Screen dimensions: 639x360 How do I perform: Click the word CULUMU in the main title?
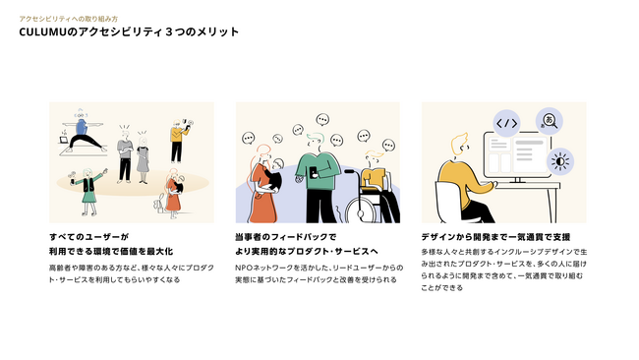pyautogui.click(x=42, y=31)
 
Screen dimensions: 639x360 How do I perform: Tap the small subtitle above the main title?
pyautogui.click(x=69, y=19)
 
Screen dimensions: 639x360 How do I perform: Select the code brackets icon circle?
pyautogui.click(x=506, y=123)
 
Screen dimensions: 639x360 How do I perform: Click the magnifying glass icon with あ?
pyautogui.click(x=550, y=121)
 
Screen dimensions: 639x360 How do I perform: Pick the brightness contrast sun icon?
pyautogui.click(x=560, y=161)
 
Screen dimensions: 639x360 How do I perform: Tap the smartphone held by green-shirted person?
pyautogui.click(x=313, y=173)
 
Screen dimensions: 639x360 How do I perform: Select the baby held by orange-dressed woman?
pyautogui.click(x=272, y=175)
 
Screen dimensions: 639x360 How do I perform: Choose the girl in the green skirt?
pyautogui.click(x=88, y=191)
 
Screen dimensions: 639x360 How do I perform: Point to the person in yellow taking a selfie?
pyautogui.click(x=178, y=141)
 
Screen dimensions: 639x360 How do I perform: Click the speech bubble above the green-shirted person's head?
pyautogui.click(x=322, y=120)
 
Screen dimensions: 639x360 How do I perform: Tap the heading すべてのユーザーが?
pyautogui.click(x=88, y=237)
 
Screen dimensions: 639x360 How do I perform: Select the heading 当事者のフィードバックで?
pyautogui.click(x=286, y=237)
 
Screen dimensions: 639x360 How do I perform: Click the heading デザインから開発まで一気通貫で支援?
pyautogui.click(x=495, y=237)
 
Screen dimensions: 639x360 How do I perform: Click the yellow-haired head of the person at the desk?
pyautogui.click(x=460, y=145)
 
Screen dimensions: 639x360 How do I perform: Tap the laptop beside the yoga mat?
pyautogui.click(x=64, y=140)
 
